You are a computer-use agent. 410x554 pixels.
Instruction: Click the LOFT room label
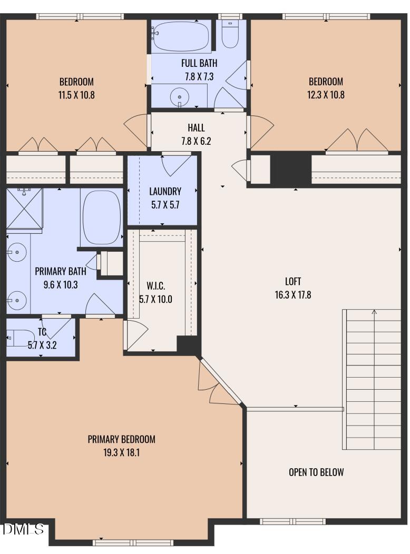292,281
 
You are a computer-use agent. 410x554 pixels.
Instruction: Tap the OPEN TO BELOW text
316,472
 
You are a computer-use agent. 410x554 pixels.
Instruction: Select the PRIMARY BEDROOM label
121,439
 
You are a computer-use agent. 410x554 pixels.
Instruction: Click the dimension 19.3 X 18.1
121,452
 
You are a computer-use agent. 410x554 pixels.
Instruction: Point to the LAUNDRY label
165,192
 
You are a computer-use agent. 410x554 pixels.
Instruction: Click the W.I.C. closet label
156,285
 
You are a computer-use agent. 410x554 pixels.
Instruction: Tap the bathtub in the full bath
181,36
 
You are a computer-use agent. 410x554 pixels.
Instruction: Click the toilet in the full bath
230,34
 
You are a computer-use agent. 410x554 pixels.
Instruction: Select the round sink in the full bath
180,96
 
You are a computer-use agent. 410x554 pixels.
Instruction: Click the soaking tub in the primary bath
101,217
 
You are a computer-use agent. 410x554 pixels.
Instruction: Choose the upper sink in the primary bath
17,252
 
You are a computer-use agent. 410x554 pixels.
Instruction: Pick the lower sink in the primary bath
17,300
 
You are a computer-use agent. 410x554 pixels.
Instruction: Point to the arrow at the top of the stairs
374,312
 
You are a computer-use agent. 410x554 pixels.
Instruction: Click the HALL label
196,127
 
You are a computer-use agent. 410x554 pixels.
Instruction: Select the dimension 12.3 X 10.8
326,95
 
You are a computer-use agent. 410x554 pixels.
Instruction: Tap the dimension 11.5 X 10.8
76,95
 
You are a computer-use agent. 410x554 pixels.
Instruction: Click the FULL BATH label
199,63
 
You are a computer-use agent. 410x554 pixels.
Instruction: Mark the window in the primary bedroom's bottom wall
133,542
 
